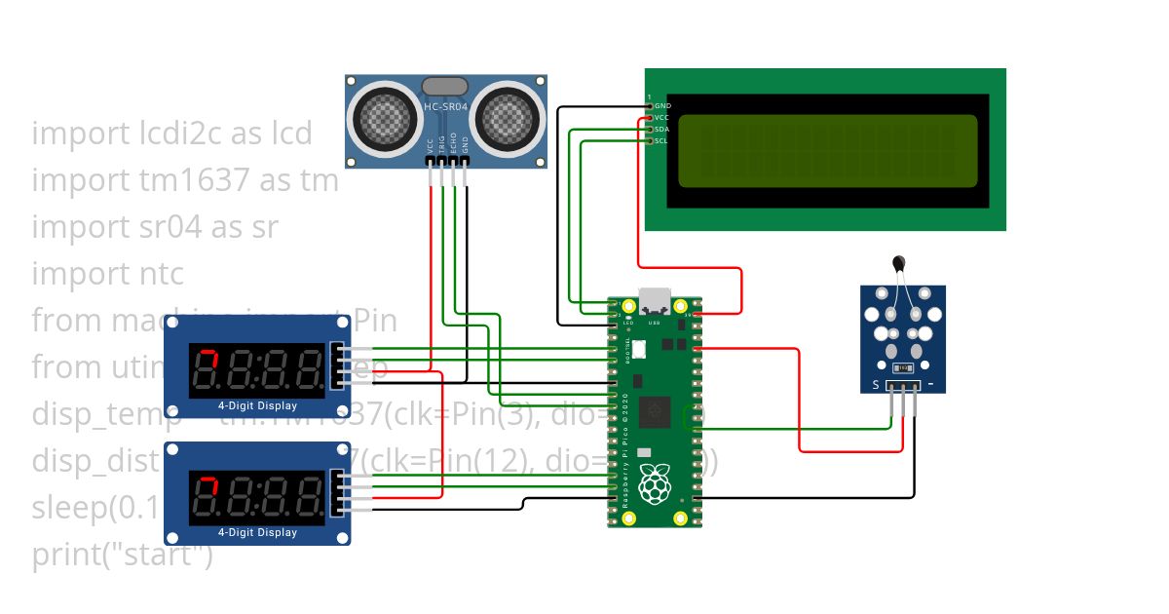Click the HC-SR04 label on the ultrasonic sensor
(446, 106)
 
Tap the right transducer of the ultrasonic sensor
(508, 118)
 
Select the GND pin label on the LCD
(662, 105)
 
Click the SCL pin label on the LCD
(660, 140)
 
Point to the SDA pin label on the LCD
(661, 129)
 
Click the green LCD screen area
(827, 151)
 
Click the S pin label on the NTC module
(875, 385)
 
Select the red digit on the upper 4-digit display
(207, 367)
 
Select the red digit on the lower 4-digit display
(207, 495)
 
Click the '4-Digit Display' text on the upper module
(257, 405)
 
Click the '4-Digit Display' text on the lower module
(257, 532)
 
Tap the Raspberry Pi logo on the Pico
(655, 484)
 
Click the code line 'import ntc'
(107, 273)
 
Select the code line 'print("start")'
(122, 556)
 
